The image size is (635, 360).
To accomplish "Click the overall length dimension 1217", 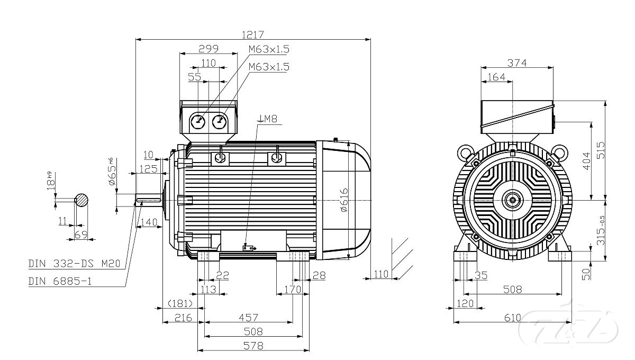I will click(x=252, y=34).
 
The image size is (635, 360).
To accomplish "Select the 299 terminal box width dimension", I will click(x=208, y=49).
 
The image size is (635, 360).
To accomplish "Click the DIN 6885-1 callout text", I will click(x=60, y=281).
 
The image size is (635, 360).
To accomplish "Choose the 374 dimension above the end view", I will click(x=517, y=62).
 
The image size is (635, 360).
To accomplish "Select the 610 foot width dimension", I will click(x=512, y=318).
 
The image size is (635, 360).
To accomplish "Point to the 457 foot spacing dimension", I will click(x=248, y=317).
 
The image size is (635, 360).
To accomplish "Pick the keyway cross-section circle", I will click(x=81, y=200).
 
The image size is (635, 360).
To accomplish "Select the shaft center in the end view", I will click(x=513, y=200).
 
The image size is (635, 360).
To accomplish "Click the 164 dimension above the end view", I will click(x=496, y=77).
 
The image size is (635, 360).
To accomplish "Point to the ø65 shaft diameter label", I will click(x=112, y=172).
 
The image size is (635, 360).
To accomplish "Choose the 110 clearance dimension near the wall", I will click(x=381, y=273).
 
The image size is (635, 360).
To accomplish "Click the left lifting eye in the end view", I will click(x=466, y=152).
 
